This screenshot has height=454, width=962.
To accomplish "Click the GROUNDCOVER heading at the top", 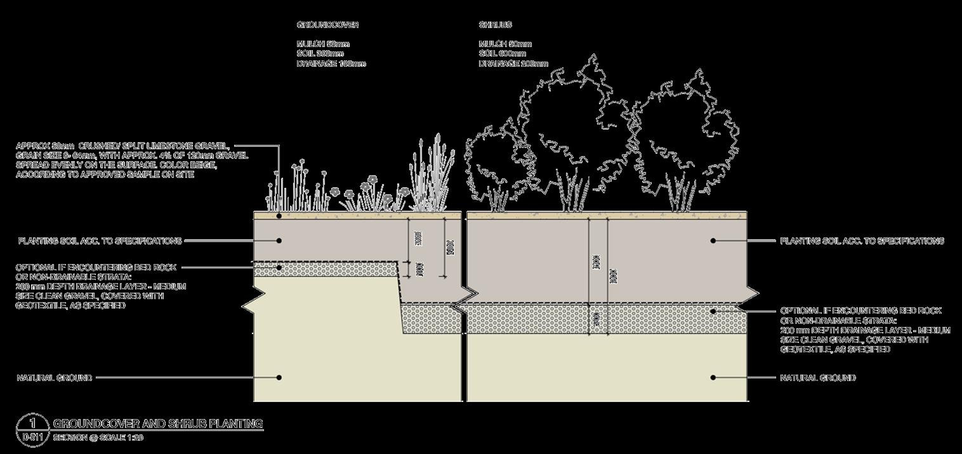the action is coord(327,25).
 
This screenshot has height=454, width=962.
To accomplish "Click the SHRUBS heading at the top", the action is coord(495,25).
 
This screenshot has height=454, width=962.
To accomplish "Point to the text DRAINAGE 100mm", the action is coord(331,63).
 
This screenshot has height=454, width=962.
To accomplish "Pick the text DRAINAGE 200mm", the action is coord(513,63).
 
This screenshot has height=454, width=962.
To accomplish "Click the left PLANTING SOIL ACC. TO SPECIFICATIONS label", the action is coord(100,241).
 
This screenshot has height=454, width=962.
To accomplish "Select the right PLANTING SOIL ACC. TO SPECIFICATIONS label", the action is coord(862,241).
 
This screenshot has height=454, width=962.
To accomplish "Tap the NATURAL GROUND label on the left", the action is coord(54,377).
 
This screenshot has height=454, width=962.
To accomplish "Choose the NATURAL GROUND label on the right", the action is coord(817,377).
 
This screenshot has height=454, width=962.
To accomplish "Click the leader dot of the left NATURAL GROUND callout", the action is coord(279,377).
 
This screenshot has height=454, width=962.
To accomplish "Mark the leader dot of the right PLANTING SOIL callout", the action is coord(713,241).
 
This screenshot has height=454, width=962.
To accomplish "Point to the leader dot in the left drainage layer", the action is coord(279,268).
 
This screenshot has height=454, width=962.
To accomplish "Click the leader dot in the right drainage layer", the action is coord(713,311).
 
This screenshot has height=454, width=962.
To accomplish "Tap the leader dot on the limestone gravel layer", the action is coord(279,216).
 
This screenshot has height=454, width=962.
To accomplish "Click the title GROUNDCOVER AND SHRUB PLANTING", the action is coord(158,424).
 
